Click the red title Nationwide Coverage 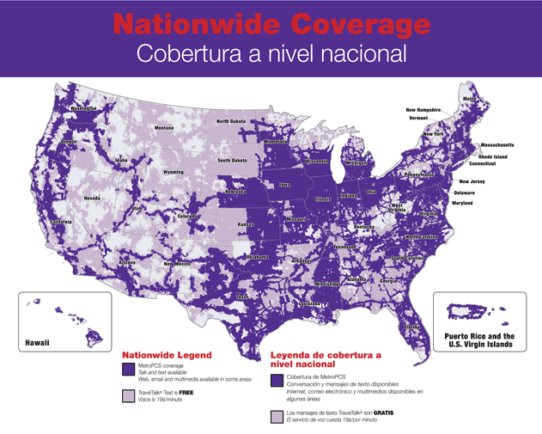[271, 23]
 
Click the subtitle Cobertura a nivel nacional [271, 53]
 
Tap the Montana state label [164, 128]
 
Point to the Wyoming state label [174, 172]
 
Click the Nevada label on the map [92, 198]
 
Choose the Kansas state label [246, 223]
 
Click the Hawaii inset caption [35, 342]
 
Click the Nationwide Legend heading [167, 354]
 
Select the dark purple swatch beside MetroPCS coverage [129, 369]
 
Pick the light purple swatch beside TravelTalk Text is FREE [129, 396]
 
